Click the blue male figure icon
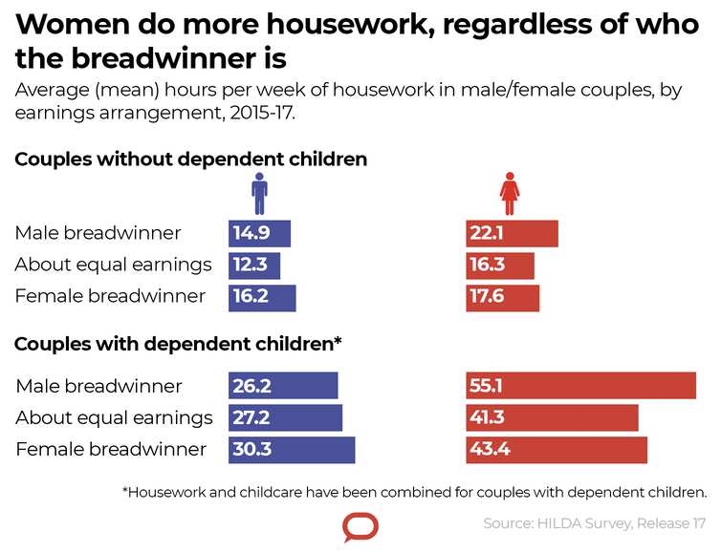259,194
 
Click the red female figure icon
510,194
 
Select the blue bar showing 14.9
259,234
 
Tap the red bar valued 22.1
512,234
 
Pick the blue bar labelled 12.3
254,265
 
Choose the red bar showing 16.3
500,265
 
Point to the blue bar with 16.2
262,297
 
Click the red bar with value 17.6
503,297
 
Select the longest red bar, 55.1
580,386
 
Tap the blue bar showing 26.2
283,386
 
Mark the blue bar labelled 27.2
285,417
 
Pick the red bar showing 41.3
552,417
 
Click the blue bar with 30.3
292,450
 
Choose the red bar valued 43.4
557,450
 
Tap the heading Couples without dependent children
191,160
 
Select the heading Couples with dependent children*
179,343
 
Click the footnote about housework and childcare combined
414,493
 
